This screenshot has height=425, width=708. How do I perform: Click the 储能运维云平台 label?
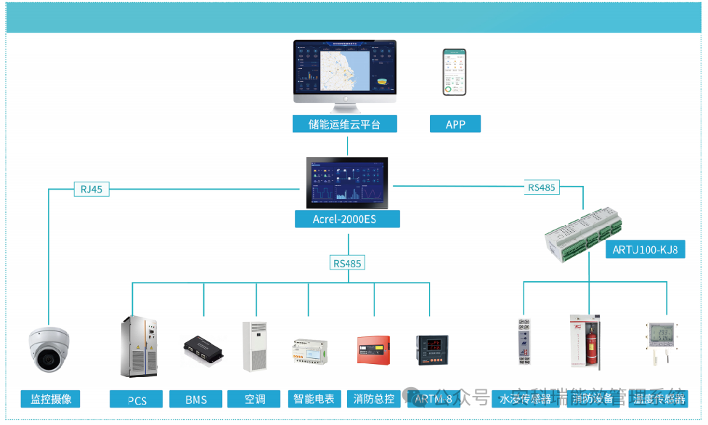[345, 124]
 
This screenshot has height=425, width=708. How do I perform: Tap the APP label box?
[455, 124]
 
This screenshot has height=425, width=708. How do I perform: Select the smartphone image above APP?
[455, 72]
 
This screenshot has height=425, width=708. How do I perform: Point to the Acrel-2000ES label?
[346, 219]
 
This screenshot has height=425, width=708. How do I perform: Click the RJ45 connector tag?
[91, 190]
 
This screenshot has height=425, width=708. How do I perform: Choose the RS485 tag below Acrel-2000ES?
[347, 263]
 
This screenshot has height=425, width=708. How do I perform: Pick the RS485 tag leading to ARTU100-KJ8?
[542, 187]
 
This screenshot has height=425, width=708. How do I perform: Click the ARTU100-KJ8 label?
[645, 250]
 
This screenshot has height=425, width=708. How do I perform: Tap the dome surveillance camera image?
[49, 350]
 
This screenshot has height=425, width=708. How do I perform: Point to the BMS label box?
[196, 400]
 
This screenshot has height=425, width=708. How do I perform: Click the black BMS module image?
[203, 350]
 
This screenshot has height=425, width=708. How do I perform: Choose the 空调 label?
[255, 399]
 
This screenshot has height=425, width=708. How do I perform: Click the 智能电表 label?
[314, 399]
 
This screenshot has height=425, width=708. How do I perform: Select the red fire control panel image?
[373, 350]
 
